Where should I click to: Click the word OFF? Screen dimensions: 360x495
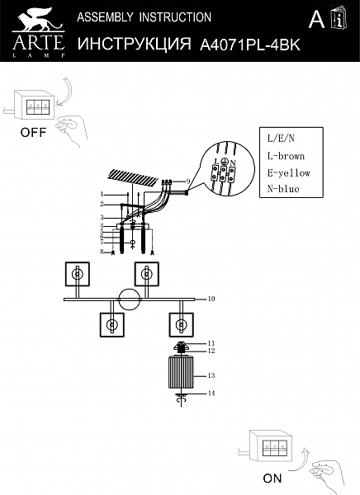pyautogui.click(x=33, y=132)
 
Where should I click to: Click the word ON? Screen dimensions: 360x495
pyautogui.click(x=272, y=478)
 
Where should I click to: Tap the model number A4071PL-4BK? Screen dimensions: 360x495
pyautogui.click(x=249, y=45)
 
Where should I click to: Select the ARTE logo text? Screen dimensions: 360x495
pyautogui.click(x=39, y=43)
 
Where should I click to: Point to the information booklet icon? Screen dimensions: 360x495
pyautogui.click(x=339, y=17)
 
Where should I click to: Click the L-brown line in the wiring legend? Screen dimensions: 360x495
pyautogui.click(x=286, y=156)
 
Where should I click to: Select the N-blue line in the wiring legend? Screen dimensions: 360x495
pyautogui.click(x=283, y=189)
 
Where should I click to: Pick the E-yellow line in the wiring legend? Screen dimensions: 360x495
pyautogui.click(x=288, y=173)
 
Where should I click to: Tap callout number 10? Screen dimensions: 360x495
pyautogui.click(x=211, y=299)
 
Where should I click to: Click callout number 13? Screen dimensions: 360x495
pyautogui.click(x=211, y=375)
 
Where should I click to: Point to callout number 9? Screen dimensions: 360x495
pyautogui.click(x=188, y=181)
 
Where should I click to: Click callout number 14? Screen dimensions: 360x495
pyautogui.click(x=211, y=394)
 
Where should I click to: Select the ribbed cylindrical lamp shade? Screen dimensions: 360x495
pyautogui.click(x=181, y=371)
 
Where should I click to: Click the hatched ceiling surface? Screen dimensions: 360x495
pyautogui.click(x=134, y=177)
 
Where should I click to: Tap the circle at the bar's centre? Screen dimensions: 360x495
pyautogui.click(x=130, y=299)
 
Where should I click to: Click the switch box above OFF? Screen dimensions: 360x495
pyautogui.click(x=33, y=105)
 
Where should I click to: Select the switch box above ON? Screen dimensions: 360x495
pyautogui.click(x=270, y=445)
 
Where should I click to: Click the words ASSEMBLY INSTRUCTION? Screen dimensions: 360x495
pyautogui.click(x=144, y=17)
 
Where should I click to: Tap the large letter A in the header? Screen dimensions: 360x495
pyautogui.click(x=316, y=19)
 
